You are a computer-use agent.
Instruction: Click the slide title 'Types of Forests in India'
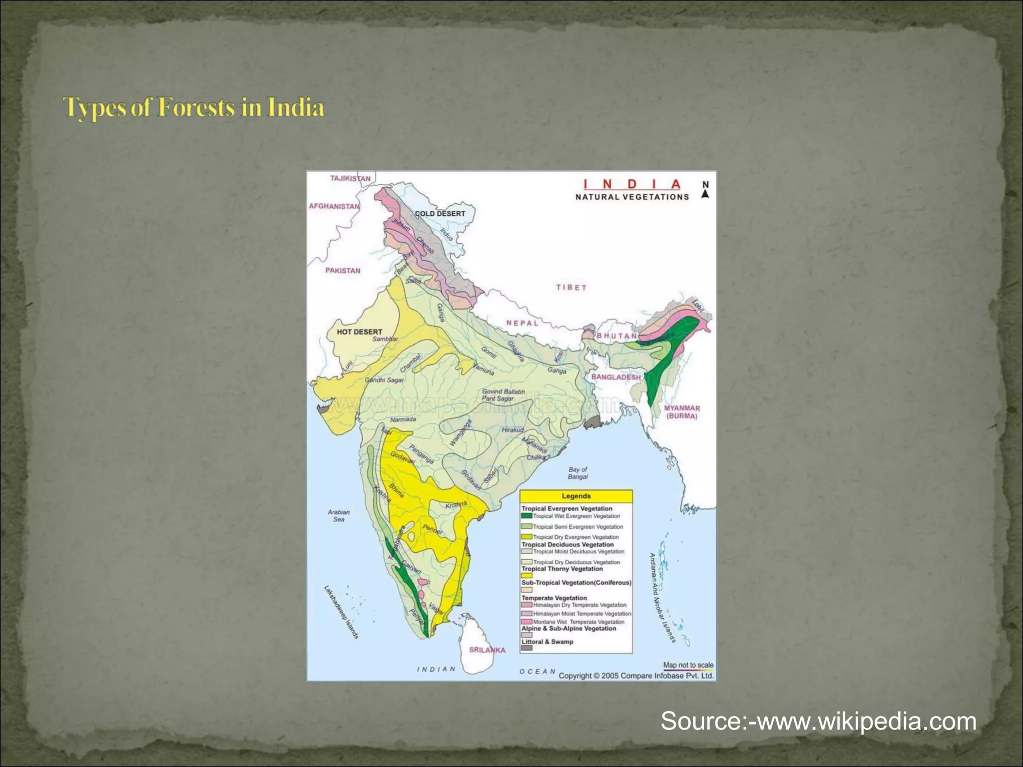pyautogui.click(x=194, y=107)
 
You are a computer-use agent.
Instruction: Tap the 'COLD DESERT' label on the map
pyautogui.click(x=440, y=214)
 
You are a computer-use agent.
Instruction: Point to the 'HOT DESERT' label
pyautogui.click(x=359, y=332)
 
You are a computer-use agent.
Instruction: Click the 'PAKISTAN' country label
pyautogui.click(x=343, y=271)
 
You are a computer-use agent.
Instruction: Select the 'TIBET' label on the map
pyautogui.click(x=571, y=288)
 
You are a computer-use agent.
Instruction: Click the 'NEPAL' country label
pyautogui.click(x=522, y=323)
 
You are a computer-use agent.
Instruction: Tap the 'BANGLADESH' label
pyautogui.click(x=615, y=377)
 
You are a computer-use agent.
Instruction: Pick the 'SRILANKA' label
pyautogui.click(x=487, y=650)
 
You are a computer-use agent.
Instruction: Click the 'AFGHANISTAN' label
pyautogui.click(x=334, y=206)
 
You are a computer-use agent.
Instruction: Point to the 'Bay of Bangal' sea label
pyautogui.click(x=577, y=473)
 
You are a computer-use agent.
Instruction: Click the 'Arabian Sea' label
pyautogui.click(x=339, y=515)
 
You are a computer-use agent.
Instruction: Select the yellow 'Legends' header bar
pyautogui.click(x=576, y=496)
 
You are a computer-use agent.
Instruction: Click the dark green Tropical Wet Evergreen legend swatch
pyautogui.click(x=526, y=516)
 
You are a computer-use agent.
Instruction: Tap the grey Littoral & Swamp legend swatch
pyautogui.click(x=526, y=648)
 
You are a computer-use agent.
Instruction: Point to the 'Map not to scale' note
pyautogui.click(x=688, y=665)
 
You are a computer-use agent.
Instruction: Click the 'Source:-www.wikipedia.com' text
pyautogui.click(x=818, y=722)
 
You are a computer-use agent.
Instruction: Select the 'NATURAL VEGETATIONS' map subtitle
pyautogui.click(x=632, y=197)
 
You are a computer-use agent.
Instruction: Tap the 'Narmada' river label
pyautogui.click(x=403, y=419)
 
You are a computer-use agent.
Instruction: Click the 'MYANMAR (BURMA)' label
pyautogui.click(x=682, y=412)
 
